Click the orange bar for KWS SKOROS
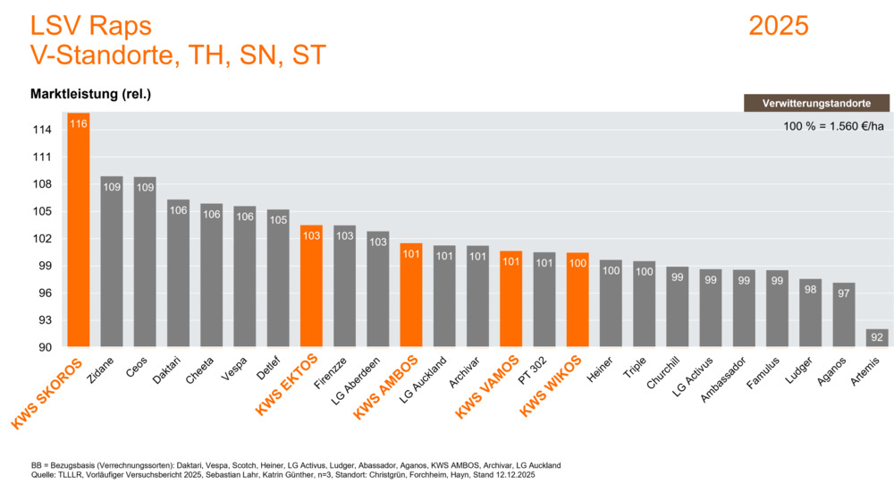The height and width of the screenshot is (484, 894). click(79, 233)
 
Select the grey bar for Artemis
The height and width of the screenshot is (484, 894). click(877, 338)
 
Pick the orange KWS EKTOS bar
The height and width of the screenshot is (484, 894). click(311, 286)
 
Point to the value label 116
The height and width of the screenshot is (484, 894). click(79, 123)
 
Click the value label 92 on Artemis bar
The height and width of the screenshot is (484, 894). click(877, 337)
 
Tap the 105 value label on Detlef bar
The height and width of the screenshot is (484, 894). click(278, 219)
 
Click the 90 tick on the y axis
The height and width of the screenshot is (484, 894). click(45, 347)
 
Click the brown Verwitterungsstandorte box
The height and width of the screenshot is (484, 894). click(816, 104)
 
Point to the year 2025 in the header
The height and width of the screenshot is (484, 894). click(778, 26)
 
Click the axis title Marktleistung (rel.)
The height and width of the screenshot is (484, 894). click(90, 94)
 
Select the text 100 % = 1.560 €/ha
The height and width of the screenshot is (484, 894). click(833, 126)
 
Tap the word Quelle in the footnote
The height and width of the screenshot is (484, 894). click(45, 475)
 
